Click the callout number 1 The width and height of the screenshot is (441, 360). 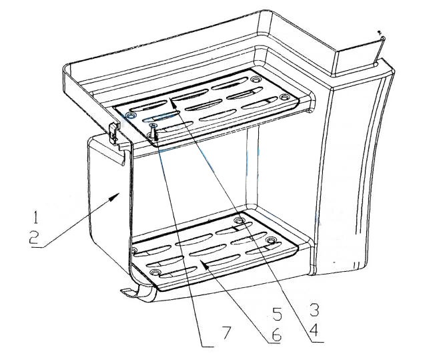coord(35,217)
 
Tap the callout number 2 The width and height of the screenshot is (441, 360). coord(34,238)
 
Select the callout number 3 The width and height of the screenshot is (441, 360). coord(314,310)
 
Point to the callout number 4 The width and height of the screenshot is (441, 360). coord(314,330)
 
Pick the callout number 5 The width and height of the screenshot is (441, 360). coord(277,314)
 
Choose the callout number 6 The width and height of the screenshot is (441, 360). coord(276,335)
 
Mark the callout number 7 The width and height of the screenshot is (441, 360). coord(227,333)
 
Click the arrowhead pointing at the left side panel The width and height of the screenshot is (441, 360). coord(114,196)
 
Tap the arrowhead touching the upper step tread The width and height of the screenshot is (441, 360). coord(173,102)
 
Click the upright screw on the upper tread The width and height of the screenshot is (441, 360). coord(153,131)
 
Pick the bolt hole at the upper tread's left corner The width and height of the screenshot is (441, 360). coord(130,115)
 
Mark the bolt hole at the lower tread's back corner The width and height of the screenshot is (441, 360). coord(240,220)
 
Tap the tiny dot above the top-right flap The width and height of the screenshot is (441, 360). coord(379,32)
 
